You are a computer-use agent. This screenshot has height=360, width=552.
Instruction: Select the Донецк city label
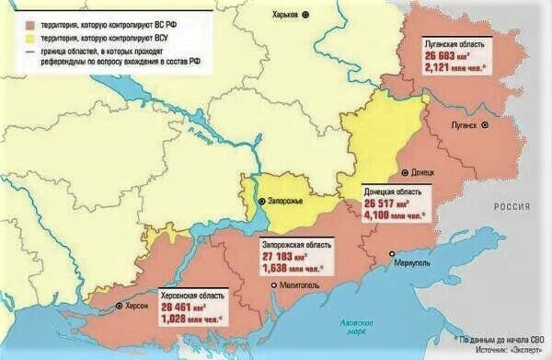(428, 172)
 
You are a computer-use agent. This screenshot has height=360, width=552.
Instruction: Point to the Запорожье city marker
(261, 201)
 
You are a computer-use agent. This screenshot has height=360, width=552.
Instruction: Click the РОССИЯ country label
(518, 209)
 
